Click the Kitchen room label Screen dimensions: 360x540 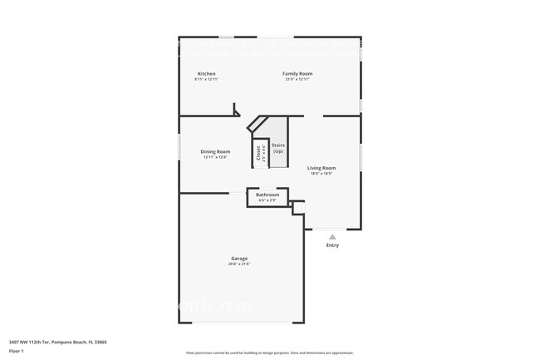pos(206,73)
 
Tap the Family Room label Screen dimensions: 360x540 pos(297,73)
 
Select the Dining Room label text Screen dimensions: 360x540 pos(215,151)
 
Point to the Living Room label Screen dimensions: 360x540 pos(321,168)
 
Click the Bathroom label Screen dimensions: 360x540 pos(268,195)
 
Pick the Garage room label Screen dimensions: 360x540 pos(239,259)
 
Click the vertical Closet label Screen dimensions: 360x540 pos(258,152)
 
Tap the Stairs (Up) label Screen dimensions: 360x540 pos(277,148)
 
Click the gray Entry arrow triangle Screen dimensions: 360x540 pos(332,237)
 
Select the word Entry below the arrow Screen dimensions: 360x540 pos(332,245)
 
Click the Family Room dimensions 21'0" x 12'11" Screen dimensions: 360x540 pos(297,79)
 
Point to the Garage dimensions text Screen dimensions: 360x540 pos(239,264)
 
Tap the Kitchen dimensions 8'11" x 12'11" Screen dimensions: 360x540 pos(206,79)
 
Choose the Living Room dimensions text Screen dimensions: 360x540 pos(321,174)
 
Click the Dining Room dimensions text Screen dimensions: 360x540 pos(215,157)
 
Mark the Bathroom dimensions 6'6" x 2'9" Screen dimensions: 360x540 pos(268,200)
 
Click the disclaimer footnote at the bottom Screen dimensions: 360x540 pos(269,353)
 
